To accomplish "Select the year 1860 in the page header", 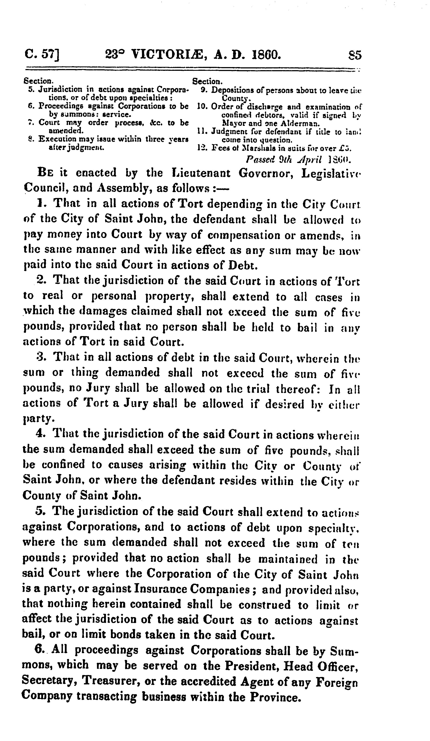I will pos(264,55).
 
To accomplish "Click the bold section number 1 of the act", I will pos(41,203).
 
